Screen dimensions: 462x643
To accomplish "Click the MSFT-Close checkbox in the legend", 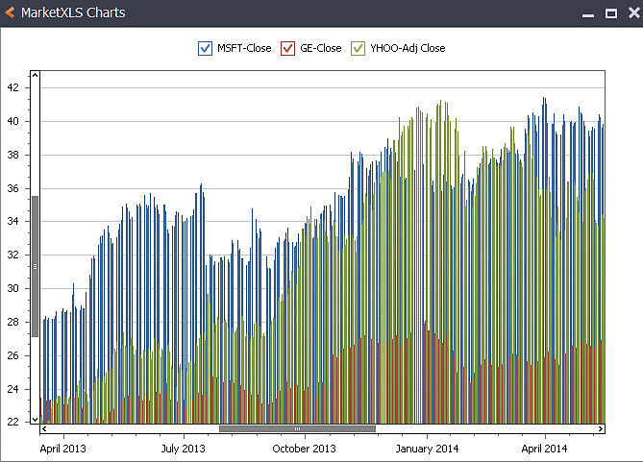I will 205,48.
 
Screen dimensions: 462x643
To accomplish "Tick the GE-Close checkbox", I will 287,48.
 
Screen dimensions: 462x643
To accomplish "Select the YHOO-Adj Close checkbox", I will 359,48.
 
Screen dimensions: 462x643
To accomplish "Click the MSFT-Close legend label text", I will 244,48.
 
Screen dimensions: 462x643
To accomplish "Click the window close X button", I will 631,13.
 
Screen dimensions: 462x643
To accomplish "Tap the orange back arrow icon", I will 11,13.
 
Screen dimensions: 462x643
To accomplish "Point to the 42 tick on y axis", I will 12,87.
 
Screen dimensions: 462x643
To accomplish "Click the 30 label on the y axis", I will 12,288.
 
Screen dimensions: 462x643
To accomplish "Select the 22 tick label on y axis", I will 12,422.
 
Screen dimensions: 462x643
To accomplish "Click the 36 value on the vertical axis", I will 12,188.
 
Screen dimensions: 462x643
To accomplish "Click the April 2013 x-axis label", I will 63,449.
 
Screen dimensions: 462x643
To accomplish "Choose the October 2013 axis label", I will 304,449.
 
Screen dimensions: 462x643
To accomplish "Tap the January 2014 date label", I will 427,449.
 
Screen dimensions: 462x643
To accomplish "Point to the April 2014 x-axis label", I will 546,449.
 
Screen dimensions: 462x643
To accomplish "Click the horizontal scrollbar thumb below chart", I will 297,428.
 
